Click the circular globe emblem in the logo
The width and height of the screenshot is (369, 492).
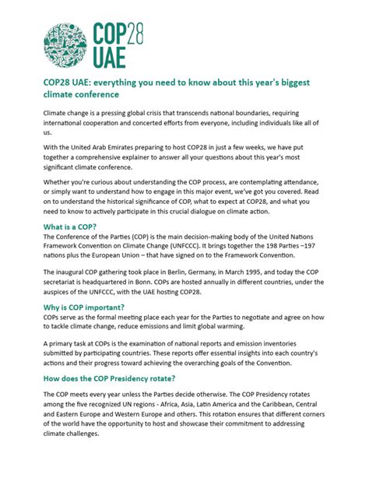(65, 44)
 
